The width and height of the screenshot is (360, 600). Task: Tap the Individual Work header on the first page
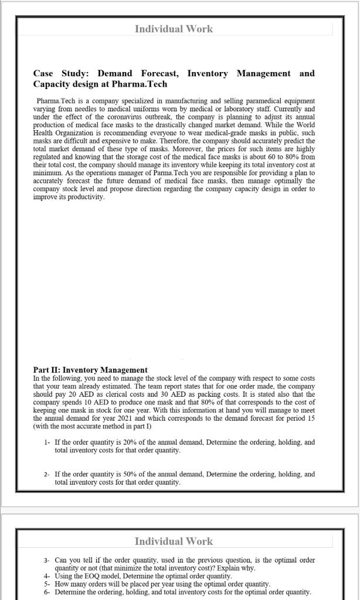(x=174, y=29)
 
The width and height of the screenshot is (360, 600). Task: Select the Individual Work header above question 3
(x=174, y=541)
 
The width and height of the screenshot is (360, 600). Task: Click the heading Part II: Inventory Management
(x=90, y=370)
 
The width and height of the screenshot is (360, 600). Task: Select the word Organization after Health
(x=76, y=133)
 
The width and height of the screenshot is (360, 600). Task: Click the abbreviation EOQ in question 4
(x=92, y=576)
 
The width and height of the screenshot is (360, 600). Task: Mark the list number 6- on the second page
(x=47, y=592)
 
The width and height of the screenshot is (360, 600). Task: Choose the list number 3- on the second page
(x=47, y=560)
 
